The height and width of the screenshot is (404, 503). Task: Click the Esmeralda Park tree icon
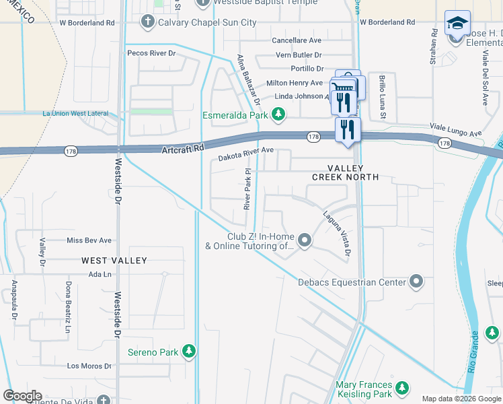tap(276, 115)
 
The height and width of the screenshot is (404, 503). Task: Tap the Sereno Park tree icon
tap(190, 351)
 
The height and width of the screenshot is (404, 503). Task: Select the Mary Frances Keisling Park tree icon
tap(402, 388)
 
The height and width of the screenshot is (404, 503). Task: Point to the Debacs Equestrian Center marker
tap(416, 282)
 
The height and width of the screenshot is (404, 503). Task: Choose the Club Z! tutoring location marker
tap(305, 240)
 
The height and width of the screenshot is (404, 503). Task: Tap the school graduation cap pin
tap(457, 24)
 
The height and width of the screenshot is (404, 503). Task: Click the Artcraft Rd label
tap(182, 148)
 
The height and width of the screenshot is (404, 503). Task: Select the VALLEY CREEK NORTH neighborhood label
tap(345, 172)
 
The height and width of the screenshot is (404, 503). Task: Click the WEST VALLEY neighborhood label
tap(114, 260)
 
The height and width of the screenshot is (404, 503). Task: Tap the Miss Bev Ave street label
tap(89, 240)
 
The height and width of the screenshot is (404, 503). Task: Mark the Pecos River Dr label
tap(151, 53)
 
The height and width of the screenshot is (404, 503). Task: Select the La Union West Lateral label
tap(75, 114)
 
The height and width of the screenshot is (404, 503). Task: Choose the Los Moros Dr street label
tap(89, 366)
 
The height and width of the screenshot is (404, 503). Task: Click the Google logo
tap(23, 396)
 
